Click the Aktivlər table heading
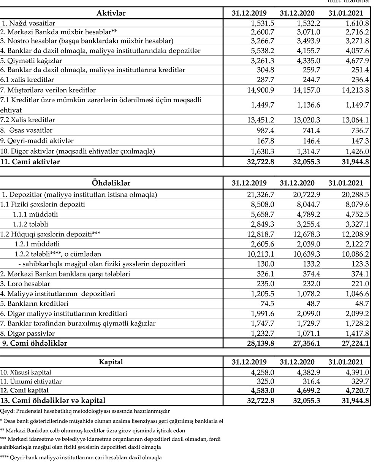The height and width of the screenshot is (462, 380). click(111, 13)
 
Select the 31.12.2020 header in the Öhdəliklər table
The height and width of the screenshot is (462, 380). click(297, 183)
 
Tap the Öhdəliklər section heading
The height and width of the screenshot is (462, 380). click(111, 183)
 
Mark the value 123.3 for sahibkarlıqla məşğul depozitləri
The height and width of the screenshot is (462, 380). click(360, 264)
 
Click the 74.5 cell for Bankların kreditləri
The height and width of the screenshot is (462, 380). click(266, 304)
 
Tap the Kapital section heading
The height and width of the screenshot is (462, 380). click(111, 362)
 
